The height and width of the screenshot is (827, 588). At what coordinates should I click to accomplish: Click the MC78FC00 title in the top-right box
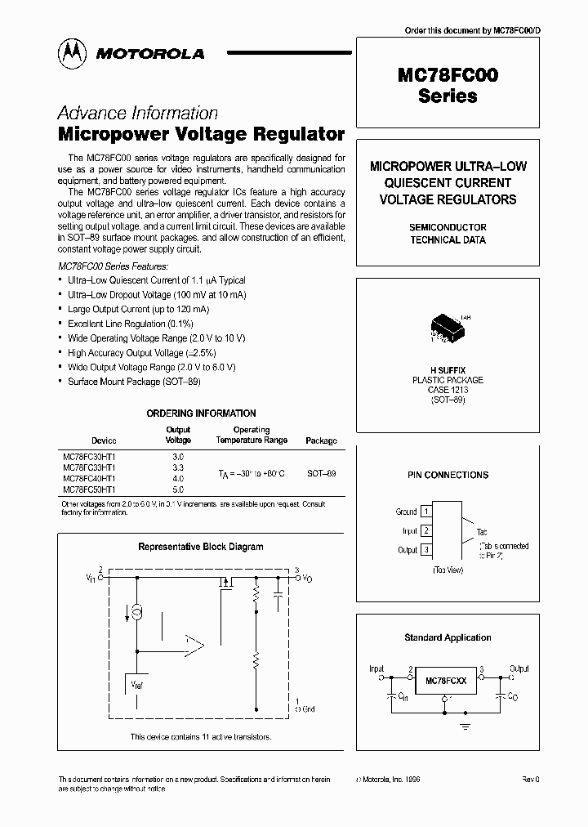(448, 75)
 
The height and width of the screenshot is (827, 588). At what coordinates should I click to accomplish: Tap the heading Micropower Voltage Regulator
(201, 134)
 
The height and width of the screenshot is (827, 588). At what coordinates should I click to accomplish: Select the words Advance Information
(137, 114)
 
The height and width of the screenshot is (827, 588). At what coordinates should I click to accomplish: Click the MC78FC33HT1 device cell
(89, 467)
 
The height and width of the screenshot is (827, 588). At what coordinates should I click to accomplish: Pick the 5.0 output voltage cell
(178, 489)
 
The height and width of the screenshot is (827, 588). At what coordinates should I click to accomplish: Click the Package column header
(321, 440)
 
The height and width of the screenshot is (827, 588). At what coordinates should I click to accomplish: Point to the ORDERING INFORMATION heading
(201, 413)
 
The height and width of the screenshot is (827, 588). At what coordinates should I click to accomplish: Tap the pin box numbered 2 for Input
(425, 530)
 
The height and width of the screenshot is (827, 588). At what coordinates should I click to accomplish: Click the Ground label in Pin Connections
(406, 512)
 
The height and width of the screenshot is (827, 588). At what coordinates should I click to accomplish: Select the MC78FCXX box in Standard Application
(446, 680)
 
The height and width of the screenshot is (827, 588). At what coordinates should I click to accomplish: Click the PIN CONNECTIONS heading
(448, 475)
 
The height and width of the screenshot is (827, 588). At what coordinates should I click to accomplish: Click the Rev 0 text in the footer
(531, 780)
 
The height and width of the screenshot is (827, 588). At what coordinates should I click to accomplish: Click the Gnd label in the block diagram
(307, 709)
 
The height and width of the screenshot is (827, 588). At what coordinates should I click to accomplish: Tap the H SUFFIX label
(448, 370)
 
